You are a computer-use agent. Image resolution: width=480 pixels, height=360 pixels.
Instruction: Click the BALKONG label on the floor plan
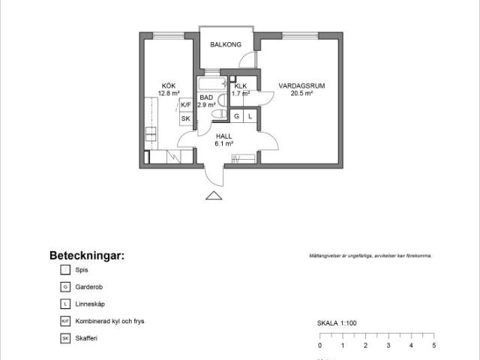pos(226,45)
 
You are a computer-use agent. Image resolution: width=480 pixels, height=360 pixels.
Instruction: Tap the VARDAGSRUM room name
pos(296,86)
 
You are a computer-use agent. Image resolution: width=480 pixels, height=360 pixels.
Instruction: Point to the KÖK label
pos(169,85)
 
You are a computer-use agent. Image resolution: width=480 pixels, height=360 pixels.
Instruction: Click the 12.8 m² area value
pos(169,94)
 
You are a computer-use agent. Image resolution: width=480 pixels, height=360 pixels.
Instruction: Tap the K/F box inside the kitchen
pos(185,106)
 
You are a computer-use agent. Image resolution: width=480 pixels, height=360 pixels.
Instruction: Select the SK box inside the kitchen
pos(185,118)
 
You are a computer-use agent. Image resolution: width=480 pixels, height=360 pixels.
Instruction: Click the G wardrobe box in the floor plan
pos(237,117)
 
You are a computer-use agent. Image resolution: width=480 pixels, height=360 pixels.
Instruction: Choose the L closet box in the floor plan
pos(250,117)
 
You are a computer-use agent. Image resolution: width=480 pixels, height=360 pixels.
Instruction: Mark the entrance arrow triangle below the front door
pos(214,196)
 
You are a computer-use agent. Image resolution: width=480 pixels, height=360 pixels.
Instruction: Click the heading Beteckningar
pos(87,255)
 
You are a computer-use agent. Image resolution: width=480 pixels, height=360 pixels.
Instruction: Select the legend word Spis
pos(82,269)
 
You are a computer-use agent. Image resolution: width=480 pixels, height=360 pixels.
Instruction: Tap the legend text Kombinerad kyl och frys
pos(109,321)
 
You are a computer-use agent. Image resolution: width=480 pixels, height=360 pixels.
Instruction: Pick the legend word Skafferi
pos(86,338)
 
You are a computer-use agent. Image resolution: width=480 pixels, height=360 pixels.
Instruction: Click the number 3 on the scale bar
pos(388,346)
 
